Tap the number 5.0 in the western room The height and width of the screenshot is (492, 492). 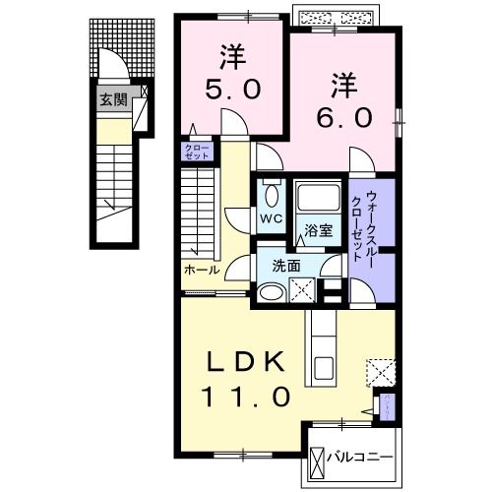click(x=231, y=89)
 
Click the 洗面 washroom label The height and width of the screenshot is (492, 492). click(x=286, y=266)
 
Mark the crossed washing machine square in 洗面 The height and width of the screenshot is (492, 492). click(x=304, y=290)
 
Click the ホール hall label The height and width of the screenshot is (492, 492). click(x=201, y=269)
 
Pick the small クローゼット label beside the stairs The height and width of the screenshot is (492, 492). click(x=193, y=152)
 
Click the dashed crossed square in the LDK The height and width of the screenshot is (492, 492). click(x=380, y=371)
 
